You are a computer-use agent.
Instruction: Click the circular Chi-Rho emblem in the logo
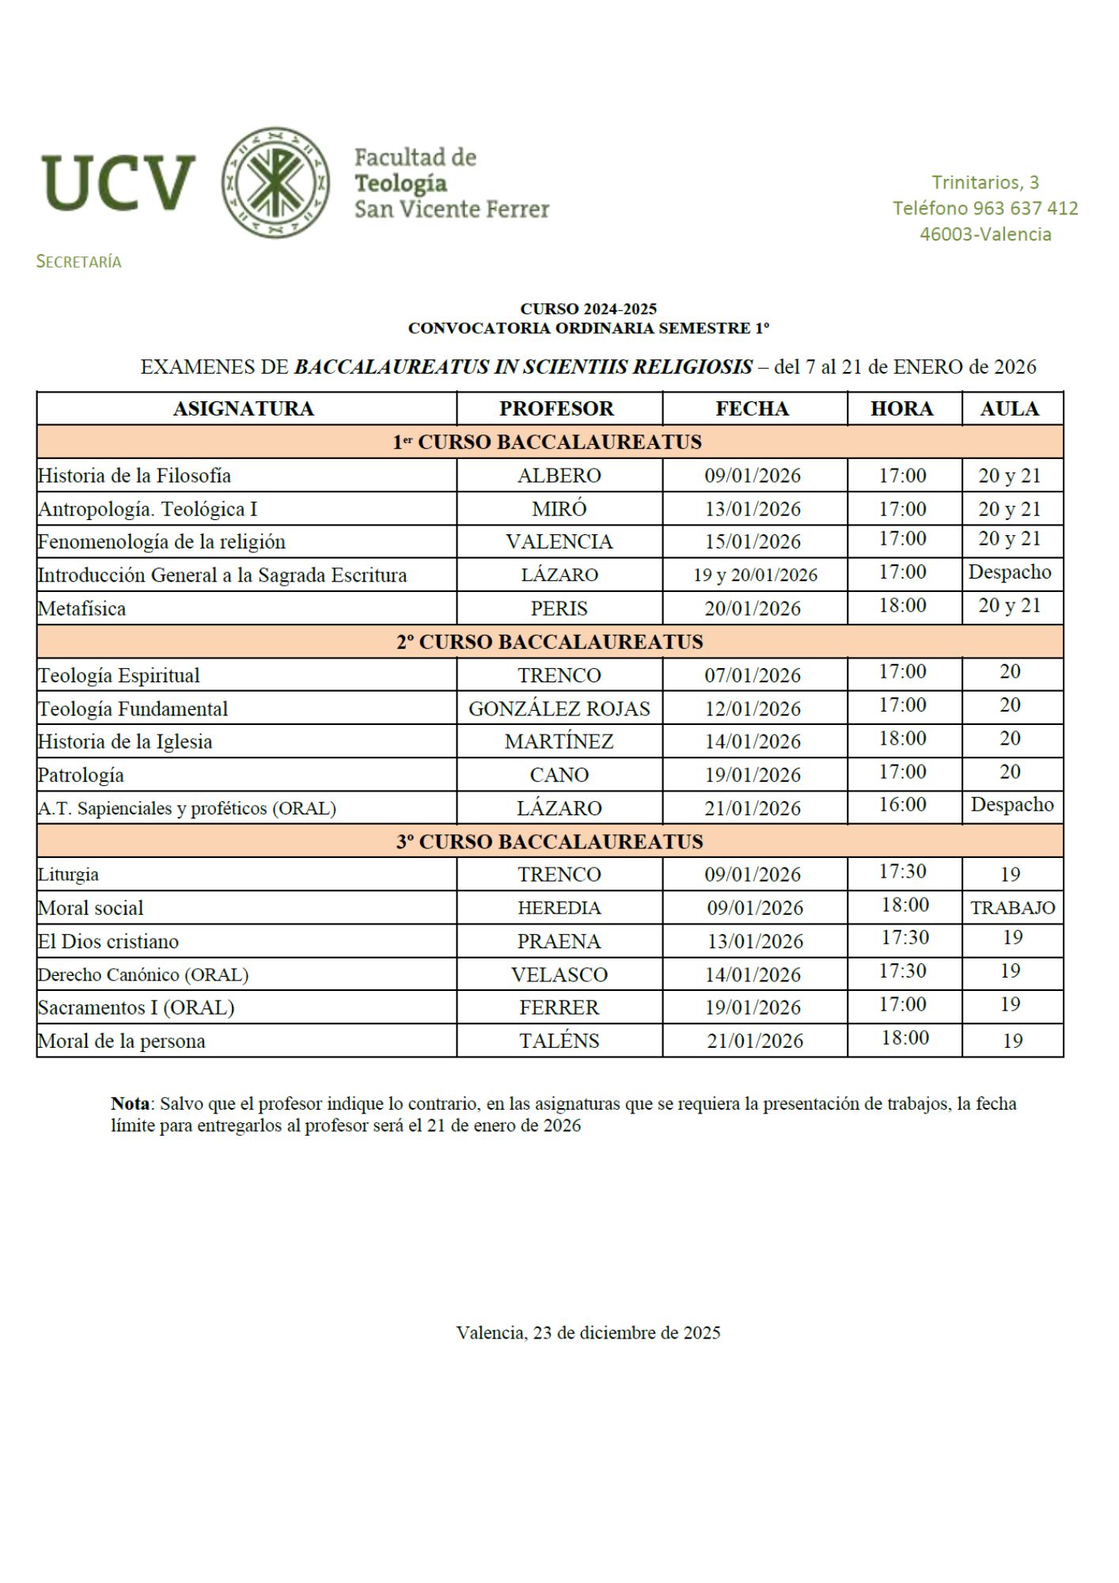pyautogui.click(x=275, y=182)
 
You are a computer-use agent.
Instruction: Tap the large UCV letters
pyautogui.click(x=119, y=184)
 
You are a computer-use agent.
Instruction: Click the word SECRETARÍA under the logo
pyautogui.click(x=79, y=262)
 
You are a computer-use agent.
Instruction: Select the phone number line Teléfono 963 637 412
pyautogui.click(x=985, y=208)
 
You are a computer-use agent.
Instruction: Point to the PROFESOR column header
pyautogui.click(x=556, y=408)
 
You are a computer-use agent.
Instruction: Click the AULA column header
pyautogui.click(x=1010, y=408)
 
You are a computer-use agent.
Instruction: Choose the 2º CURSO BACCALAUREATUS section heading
pyautogui.click(x=549, y=641)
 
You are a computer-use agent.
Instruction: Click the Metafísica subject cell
pyautogui.click(x=82, y=608)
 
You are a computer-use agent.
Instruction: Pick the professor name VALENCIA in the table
pyautogui.click(x=559, y=541)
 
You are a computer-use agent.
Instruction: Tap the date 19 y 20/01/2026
pyautogui.click(x=755, y=575)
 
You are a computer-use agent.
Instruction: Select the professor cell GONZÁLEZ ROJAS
pyautogui.click(x=559, y=708)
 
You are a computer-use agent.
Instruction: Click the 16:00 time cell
pyautogui.click(x=903, y=804)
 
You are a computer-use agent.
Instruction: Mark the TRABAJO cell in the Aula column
pyautogui.click(x=1012, y=908)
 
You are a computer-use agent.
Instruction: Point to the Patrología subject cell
pyautogui.click(x=82, y=775)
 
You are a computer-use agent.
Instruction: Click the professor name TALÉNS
pyautogui.click(x=559, y=1041)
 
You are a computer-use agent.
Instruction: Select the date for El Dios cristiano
pyautogui.click(x=755, y=941)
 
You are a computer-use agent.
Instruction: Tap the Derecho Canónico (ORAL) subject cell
pyautogui.click(x=143, y=974)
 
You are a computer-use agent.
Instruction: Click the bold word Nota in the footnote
pyautogui.click(x=130, y=1103)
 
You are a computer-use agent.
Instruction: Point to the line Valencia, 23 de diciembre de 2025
pyautogui.click(x=588, y=1333)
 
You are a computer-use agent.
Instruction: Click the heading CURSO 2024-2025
pyautogui.click(x=588, y=309)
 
